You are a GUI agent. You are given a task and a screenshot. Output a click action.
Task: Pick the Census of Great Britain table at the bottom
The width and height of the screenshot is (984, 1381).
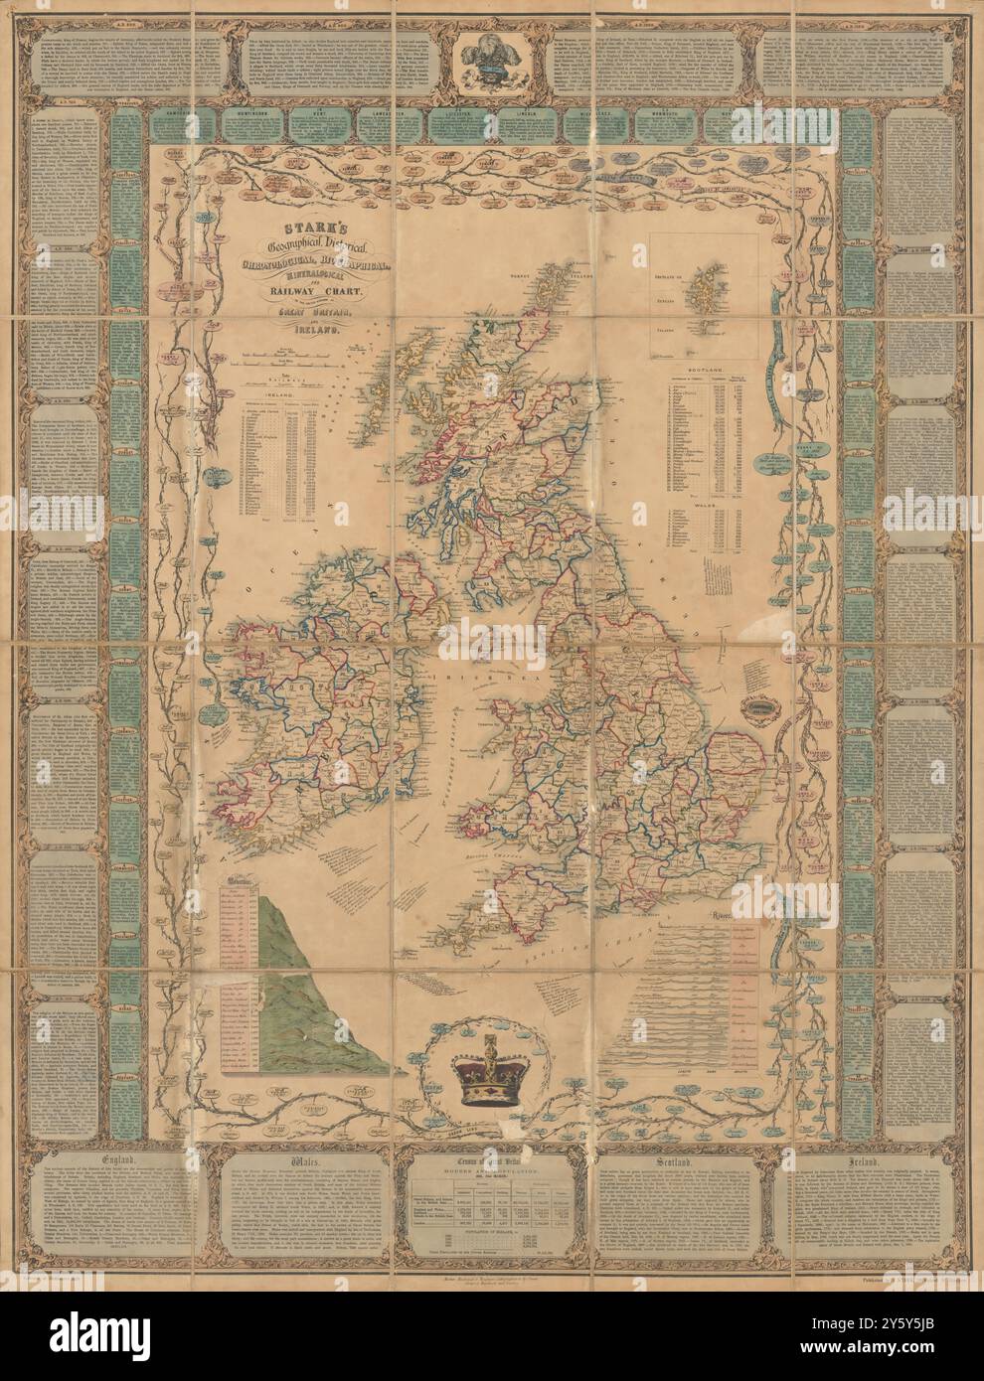point(492,1207)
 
